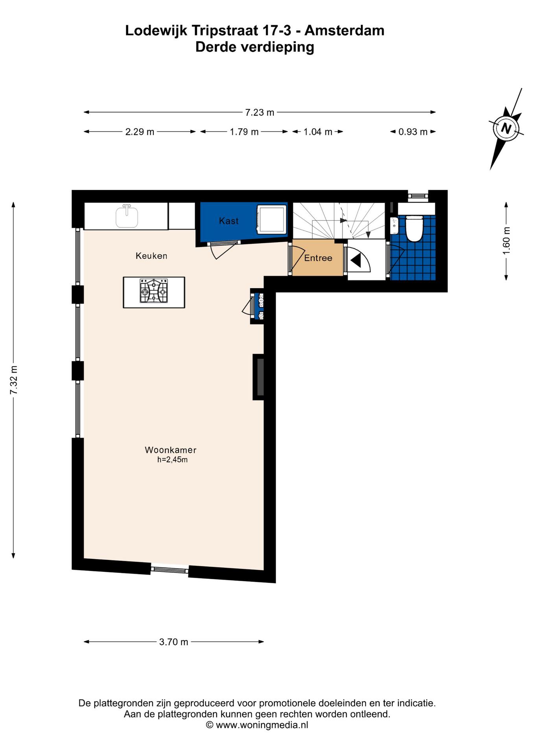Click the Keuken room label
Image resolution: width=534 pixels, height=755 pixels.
click(x=151, y=256)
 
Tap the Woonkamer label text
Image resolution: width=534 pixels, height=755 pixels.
click(x=171, y=450)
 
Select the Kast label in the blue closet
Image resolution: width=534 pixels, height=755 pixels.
click(x=229, y=221)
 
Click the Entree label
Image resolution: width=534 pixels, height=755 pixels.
click(x=318, y=258)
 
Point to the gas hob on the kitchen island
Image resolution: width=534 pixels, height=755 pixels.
click(x=154, y=291)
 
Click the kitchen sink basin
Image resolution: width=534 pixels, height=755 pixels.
click(x=127, y=217)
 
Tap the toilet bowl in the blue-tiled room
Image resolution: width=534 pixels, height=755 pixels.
click(x=414, y=228)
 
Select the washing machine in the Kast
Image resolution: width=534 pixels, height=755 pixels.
click(x=272, y=219)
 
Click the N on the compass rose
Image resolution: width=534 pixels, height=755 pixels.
click(x=506, y=128)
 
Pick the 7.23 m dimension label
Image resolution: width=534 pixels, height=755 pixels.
click(x=260, y=112)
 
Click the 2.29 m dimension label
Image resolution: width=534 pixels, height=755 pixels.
click(x=140, y=132)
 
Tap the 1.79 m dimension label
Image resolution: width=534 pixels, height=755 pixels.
click(x=244, y=132)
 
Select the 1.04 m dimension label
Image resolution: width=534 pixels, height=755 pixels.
click(x=318, y=132)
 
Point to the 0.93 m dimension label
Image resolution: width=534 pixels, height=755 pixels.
click(x=413, y=132)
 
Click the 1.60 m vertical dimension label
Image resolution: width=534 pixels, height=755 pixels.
click(x=506, y=241)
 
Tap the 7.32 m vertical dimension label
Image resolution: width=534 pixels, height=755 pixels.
click(x=14, y=380)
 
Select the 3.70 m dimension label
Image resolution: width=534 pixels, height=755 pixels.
click(x=174, y=642)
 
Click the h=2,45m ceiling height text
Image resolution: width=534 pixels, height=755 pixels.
click(x=172, y=460)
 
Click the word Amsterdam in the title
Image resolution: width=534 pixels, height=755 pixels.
click(x=344, y=30)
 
